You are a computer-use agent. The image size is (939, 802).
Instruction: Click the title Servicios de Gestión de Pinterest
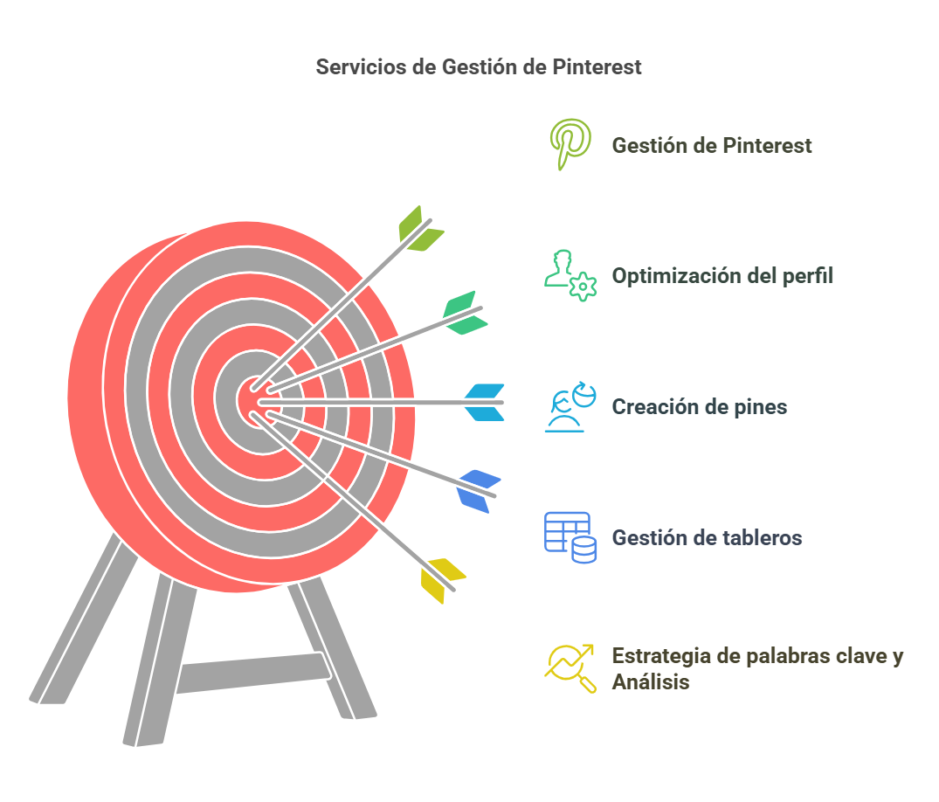click(479, 66)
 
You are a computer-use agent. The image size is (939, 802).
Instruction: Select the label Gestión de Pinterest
click(711, 146)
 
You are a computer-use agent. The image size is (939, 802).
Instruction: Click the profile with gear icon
click(570, 275)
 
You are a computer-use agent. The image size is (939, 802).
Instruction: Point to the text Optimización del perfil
click(722, 275)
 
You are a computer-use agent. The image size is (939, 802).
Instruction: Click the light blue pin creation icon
click(570, 407)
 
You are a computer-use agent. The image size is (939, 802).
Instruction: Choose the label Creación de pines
click(700, 407)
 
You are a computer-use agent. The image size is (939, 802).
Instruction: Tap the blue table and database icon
click(570, 537)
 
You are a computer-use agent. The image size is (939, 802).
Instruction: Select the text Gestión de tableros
click(707, 537)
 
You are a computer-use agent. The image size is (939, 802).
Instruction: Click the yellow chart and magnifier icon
click(570, 668)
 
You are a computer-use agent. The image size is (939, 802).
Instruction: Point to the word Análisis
click(651, 682)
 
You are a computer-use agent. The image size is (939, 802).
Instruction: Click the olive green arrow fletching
click(420, 230)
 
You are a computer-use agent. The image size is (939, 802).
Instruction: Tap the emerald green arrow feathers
click(465, 313)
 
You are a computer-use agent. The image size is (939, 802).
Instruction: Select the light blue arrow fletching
click(485, 403)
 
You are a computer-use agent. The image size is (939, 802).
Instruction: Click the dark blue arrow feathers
click(478, 491)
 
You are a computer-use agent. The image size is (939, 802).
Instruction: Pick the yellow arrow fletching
click(442, 580)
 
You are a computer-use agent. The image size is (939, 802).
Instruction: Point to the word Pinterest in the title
click(597, 66)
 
